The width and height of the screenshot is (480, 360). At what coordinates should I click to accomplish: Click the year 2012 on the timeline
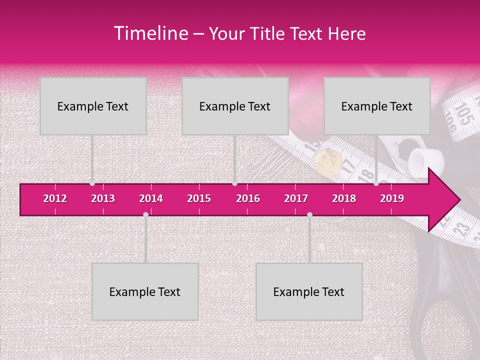pyautogui.click(x=55, y=198)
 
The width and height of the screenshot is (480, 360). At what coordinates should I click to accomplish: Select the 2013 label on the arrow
pyautogui.click(x=103, y=198)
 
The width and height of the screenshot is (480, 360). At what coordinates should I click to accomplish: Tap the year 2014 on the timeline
pyautogui.click(x=151, y=198)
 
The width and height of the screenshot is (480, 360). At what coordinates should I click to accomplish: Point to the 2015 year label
pyautogui.click(x=199, y=198)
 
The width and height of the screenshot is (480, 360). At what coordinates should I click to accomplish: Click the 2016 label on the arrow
pyautogui.click(x=248, y=198)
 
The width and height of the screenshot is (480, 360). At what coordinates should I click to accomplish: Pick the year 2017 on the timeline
pyautogui.click(x=296, y=198)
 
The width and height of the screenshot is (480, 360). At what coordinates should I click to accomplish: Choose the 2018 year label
pyautogui.click(x=344, y=198)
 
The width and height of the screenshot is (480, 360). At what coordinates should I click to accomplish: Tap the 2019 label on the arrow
pyautogui.click(x=392, y=198)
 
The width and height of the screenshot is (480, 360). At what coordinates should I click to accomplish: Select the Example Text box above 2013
pyautogui.click(x=93, y=106)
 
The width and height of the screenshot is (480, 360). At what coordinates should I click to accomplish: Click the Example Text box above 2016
pyautogui.click(x=235, y=106)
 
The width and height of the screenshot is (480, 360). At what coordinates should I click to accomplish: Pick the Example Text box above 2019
pyautogui.click(x=377, y=106)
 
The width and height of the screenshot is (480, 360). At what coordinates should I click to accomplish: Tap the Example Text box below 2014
pyautogui.click(x=145, y=291)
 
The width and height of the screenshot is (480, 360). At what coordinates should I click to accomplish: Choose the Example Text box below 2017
pyautogui.click(x=309, y=291)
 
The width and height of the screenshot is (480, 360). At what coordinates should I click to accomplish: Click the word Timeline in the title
pyautogui.click(x=150, y=33)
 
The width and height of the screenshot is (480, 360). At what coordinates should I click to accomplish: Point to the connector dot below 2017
pyautogui.click(x=309, y=215)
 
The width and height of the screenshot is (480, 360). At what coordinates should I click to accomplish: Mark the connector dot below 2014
pyautogui.click(x=145, y=215)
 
